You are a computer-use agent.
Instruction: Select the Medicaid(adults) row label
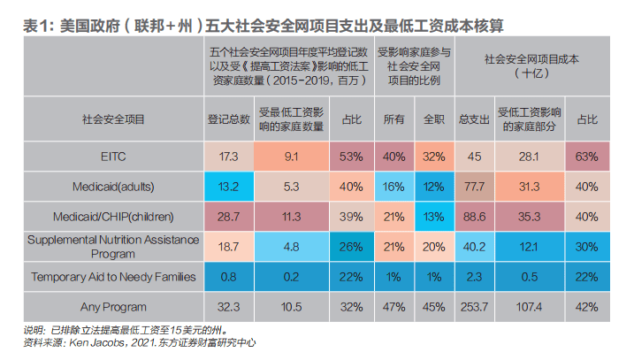[112, 186]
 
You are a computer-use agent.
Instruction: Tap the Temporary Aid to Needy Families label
[112, 277]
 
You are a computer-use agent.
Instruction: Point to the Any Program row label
[112, 308]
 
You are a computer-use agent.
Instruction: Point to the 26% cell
[351, 247]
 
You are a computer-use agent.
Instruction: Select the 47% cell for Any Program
[394, 308]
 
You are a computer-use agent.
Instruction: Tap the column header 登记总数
[228, 118]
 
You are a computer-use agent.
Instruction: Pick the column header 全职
[433, 118]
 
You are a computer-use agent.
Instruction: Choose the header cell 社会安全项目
[112, 118]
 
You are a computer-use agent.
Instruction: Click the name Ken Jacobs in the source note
[101, 341]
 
